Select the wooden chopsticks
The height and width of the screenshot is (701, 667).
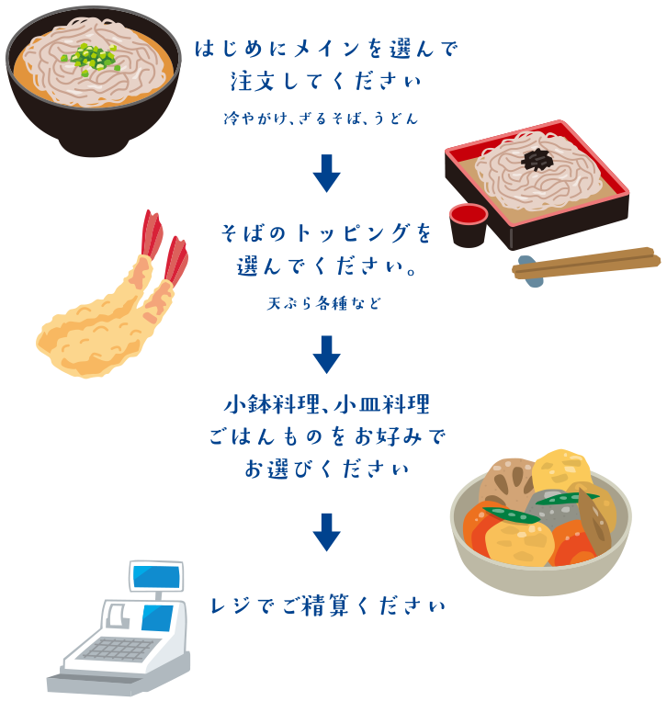click(x=588, y=261)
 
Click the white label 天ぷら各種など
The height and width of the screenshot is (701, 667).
click(x=322, y=303)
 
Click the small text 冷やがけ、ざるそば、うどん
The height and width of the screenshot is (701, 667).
click(x=321, y=118)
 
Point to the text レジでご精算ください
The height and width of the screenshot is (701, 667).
click(x=328, y=606)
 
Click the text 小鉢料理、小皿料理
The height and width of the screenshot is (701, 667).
click(x=326, y=404)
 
